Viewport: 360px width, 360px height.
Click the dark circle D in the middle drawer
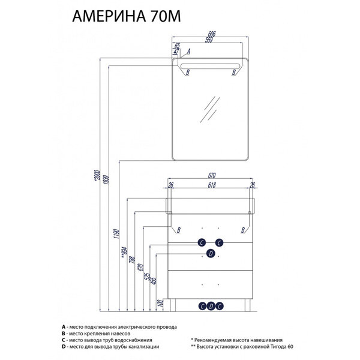(211, 254)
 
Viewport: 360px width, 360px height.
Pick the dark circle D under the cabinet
(211, 306)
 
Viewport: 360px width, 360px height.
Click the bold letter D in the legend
(62, 347)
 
